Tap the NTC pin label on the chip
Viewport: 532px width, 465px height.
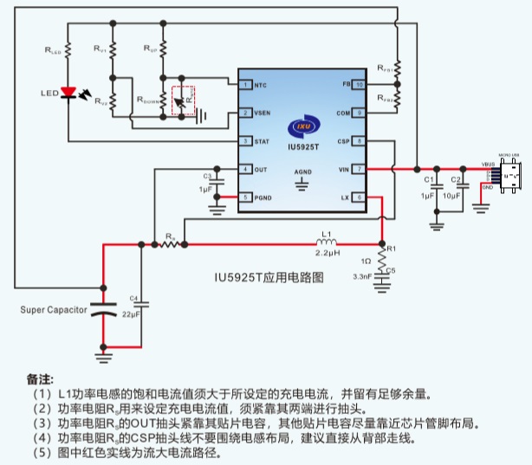coord(261,85)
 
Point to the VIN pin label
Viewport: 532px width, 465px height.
coord(344,169)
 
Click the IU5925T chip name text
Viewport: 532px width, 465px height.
coord(302,146)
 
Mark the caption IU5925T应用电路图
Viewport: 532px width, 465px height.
coord(269,278)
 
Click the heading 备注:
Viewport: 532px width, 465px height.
coord(41,379)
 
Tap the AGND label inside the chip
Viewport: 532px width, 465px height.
coord(302,172)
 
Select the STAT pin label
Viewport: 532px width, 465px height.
coord(261,141)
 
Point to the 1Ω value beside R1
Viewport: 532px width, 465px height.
coord(367,261)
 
